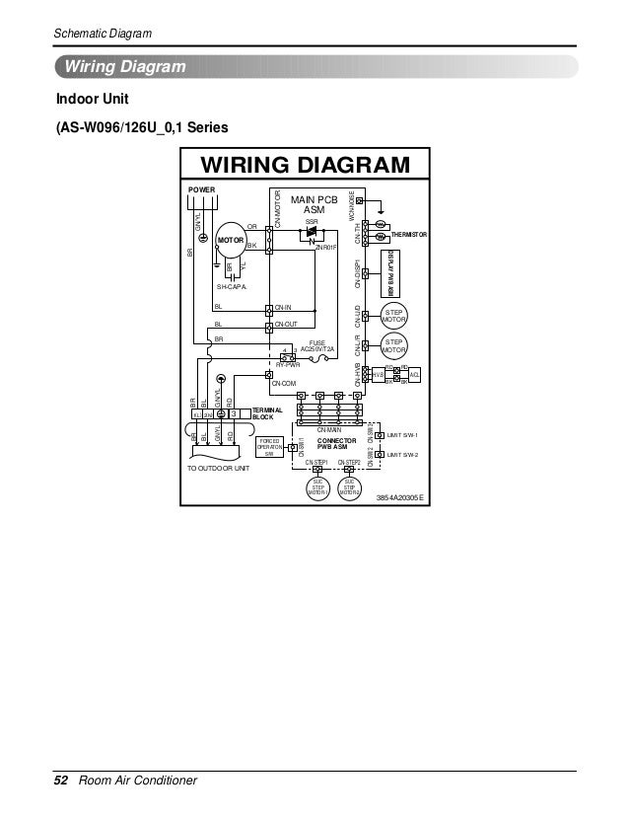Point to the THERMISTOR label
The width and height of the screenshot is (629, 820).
click(x=409, y=235)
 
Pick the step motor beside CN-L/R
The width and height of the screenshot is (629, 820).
click(x=394, y=345)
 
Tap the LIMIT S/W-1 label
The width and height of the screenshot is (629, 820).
click(x=403, y=434)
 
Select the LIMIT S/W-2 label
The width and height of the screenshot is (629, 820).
click(x=403, y=454)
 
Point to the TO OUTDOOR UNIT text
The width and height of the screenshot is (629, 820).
click(x=219, y=468)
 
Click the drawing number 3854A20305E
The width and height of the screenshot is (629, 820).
click(x=399, y=498)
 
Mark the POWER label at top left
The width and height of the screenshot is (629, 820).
click(x=201, y=188)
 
